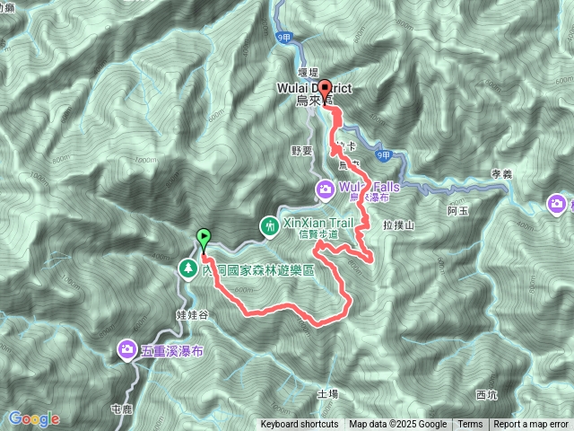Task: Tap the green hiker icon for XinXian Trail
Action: tap(268, 226)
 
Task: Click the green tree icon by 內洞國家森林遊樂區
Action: tap(187, 268)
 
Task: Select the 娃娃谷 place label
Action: tap(192, 314)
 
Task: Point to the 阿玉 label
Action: tap(457, 211)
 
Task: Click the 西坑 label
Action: tap(486, 394)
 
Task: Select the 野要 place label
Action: tap(302, 150)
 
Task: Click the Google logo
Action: tap(34, 418)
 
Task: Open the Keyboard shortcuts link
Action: tap(300, 425)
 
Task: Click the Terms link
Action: tap(469, 425)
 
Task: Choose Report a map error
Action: tap(532, 425)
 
